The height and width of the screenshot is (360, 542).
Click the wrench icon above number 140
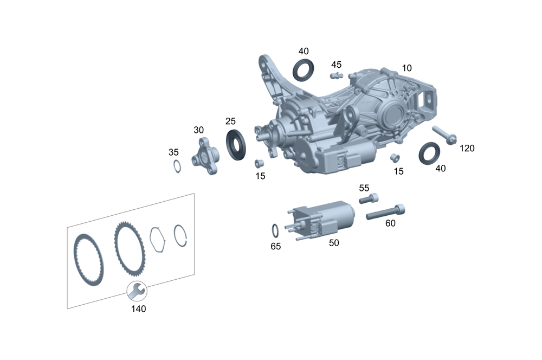pyautogui.click(x=135, y=291)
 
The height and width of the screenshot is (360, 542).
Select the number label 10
pyautogui.click(x=406, y=68)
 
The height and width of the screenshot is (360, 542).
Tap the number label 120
pyautogui.click(x=467, y=148)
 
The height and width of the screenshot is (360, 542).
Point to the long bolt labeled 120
pyautogui.click(x=444, y=134)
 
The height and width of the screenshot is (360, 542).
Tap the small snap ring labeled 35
pyautogui.click(x=177, y=166)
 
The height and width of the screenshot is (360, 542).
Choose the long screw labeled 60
pyautogui.click(x=385, y=212)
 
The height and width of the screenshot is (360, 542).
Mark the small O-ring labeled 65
pyautogui.click(x=275, y=230)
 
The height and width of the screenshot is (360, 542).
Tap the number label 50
pyautogui.click(x=334, y=243)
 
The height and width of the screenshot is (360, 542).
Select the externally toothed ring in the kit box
pyautogui.click(x=125, y=247)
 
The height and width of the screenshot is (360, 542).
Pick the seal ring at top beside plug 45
pyautogui.click(x=303, y=70)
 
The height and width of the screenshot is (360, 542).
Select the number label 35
pyautogui.click(x=173, y=152)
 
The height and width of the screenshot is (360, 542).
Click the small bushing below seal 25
pyautogui.click(x=259, y=163)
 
